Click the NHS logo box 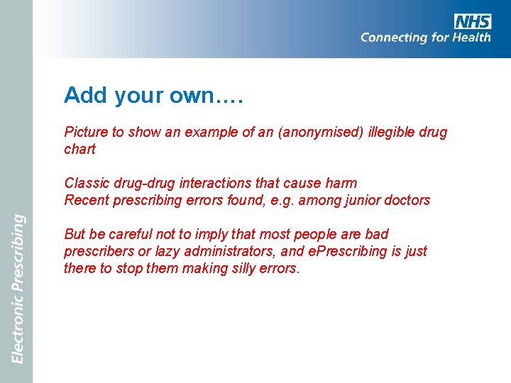coord(472,21)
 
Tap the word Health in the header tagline coord(469,37)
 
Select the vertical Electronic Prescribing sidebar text coord(17,289)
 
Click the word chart coord(79,149)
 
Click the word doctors coord(406,200)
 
